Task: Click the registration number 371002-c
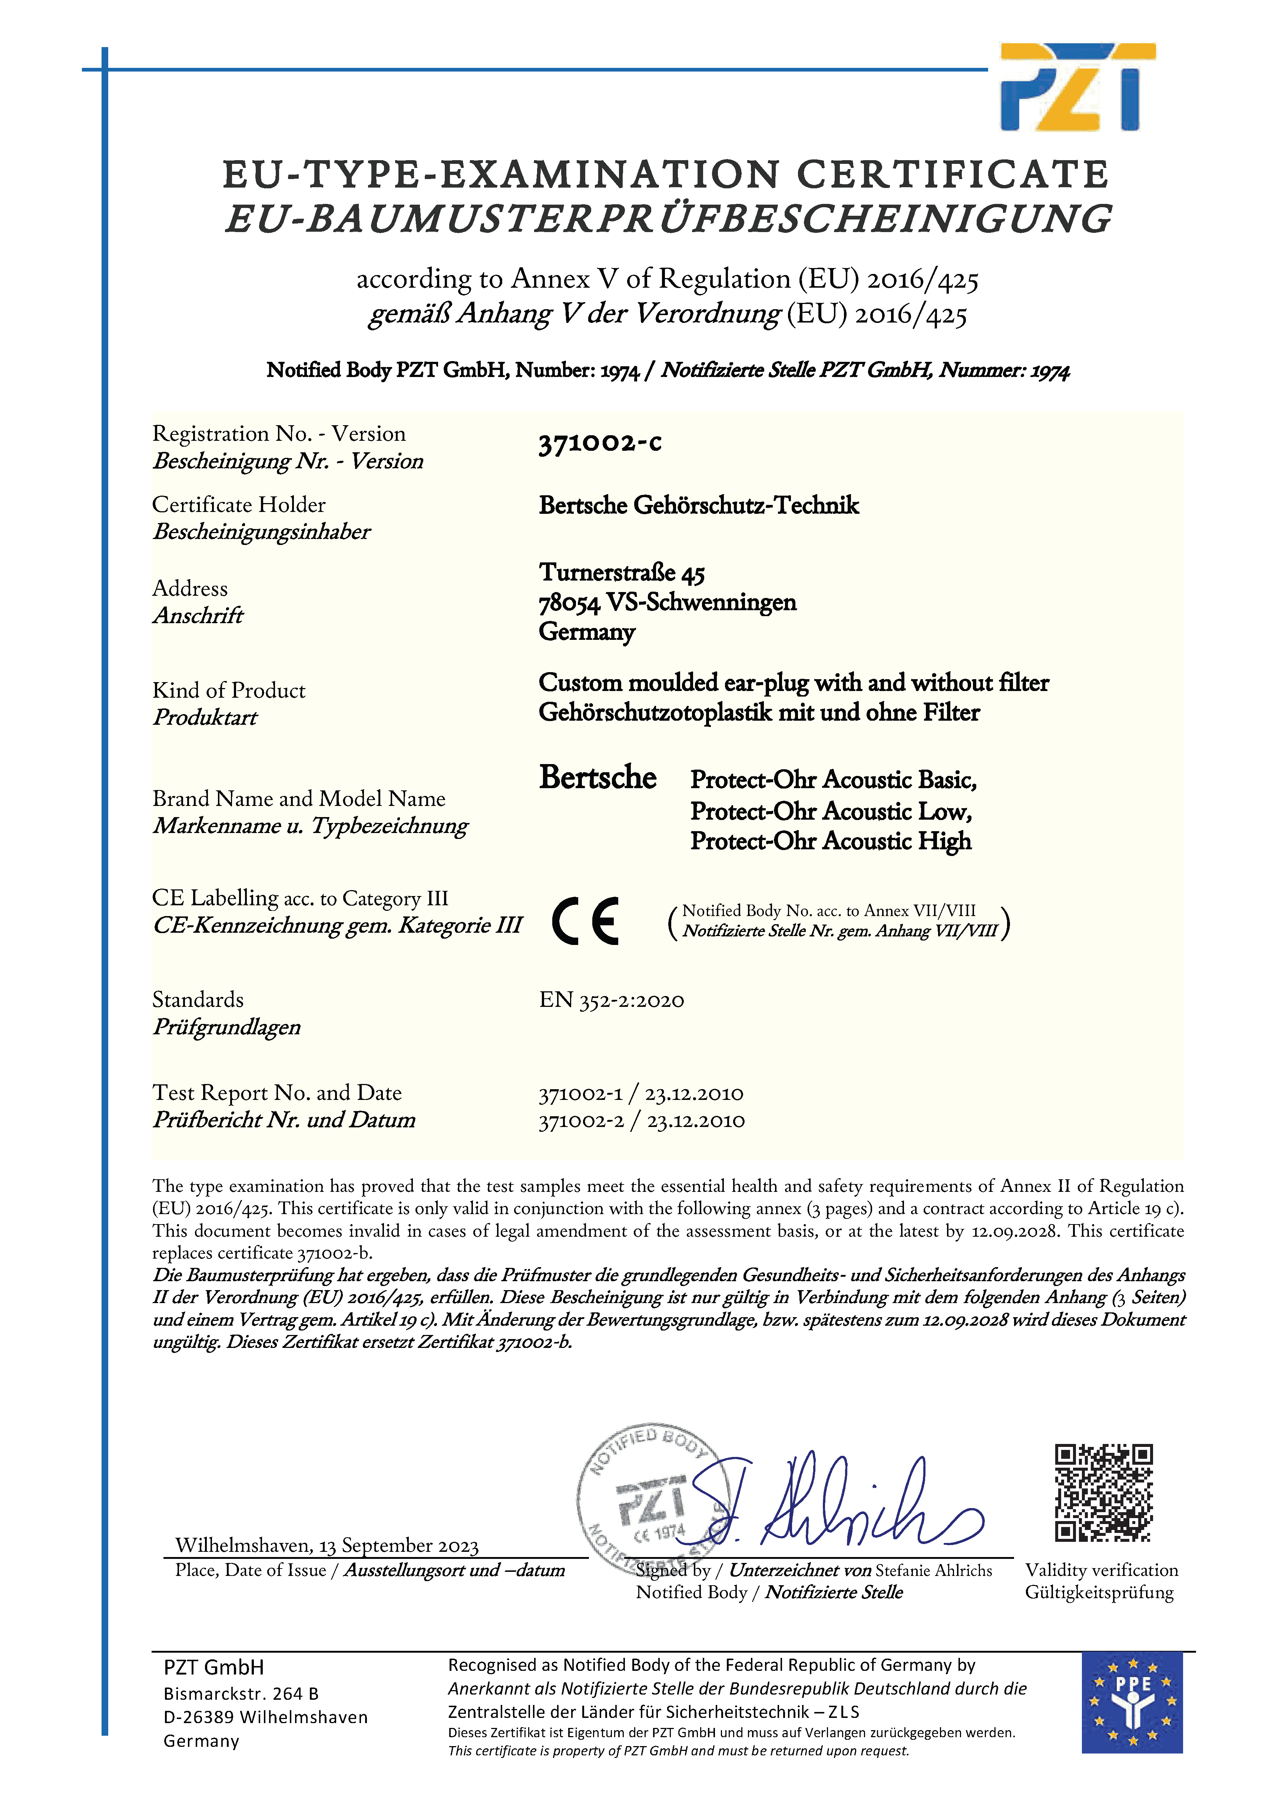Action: click(x=599, y=443)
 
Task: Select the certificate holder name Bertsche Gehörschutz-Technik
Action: click(x=699, y=506)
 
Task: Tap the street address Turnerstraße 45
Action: click(x=621, y=572)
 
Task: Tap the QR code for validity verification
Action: click(x=1103, y=1492)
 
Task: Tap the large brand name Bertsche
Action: click(x=597, y=778)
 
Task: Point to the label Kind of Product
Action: click(x=228, y=691)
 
